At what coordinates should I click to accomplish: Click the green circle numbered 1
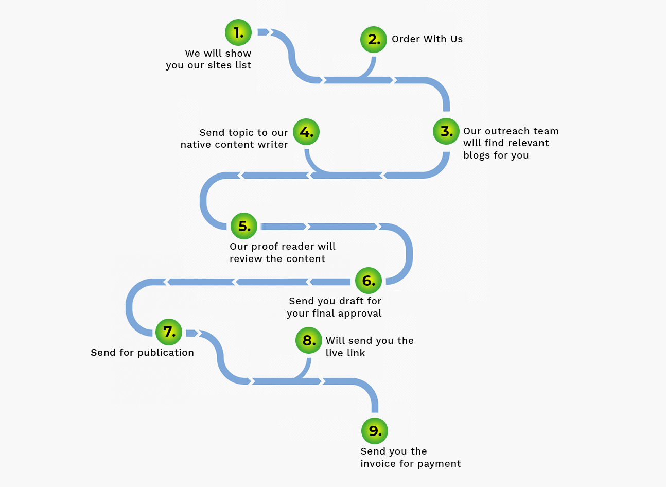tap(238, 32)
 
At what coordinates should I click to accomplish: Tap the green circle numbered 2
tap(374, 40)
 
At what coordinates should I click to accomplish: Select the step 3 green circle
tap(446, 131)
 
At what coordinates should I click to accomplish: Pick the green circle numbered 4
tap(306, 132)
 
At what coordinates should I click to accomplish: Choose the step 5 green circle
tap(244, 226)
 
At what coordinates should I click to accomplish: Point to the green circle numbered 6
tap(369, 281)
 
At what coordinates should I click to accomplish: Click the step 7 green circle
tap(169, 332)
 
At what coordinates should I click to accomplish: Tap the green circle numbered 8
tap(309, 340)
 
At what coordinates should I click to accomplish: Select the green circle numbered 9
tap(375, 431)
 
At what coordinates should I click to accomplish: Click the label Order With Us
tap(427, 39)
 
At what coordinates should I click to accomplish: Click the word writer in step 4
tap(273, 145)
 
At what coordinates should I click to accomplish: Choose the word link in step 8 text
tap(356, 353)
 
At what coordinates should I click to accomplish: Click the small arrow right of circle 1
tap(264, 32)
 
